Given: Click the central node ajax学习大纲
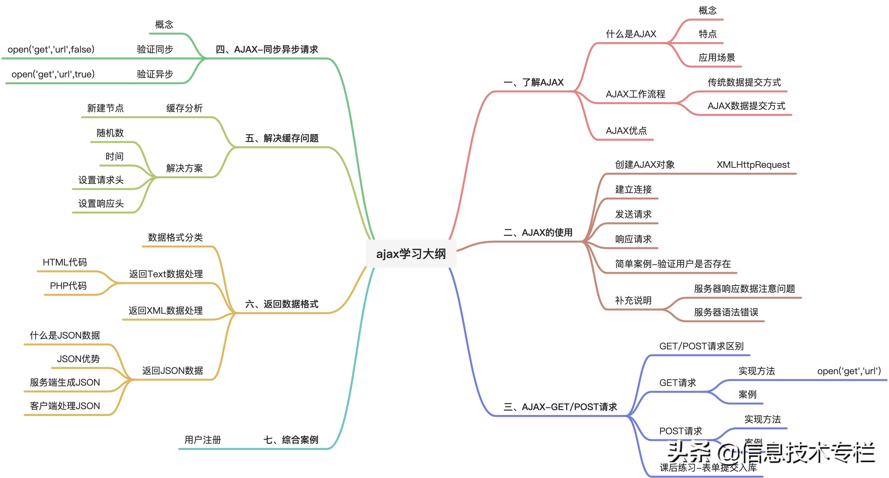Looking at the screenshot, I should coord(411,254).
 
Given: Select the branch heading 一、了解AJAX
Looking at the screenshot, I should coord(533,82).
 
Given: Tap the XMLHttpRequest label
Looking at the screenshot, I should coord(753,165).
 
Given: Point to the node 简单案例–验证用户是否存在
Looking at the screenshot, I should coord(672,264).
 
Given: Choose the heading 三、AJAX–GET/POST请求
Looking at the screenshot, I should coord(560,407).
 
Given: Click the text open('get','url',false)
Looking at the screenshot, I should coord(51,49).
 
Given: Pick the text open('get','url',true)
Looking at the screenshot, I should coord(53,74).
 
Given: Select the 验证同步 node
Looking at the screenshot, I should coord(155,49).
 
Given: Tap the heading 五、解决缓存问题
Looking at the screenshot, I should coord(281,139).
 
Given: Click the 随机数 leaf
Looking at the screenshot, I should coord(110,133).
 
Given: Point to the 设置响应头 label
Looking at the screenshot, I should coord(101,204).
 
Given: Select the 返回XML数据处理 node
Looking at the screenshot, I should coord(166,311).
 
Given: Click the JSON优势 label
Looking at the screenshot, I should coord(78,359).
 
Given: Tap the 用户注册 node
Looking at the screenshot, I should coord(203,440).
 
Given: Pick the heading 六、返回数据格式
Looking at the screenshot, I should coord(281,304).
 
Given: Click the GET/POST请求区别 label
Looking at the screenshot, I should coord(701,346).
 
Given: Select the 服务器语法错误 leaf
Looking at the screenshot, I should coord(726,313).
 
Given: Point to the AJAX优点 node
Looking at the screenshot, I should coord(626,131).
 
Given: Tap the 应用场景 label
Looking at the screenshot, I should coord(717,58).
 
